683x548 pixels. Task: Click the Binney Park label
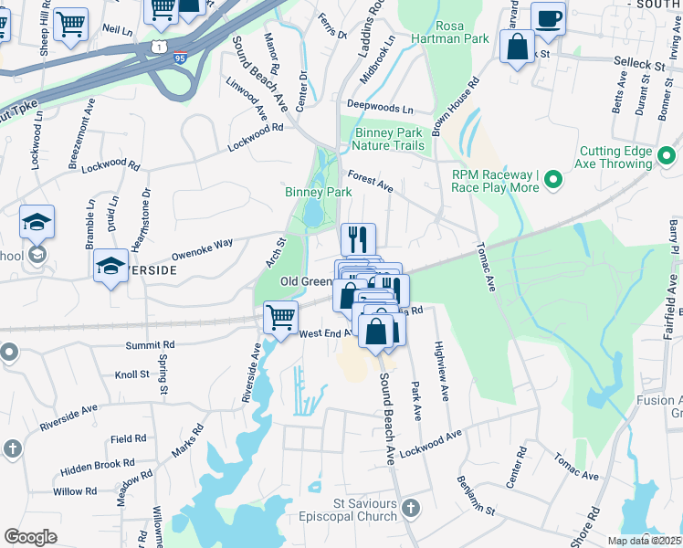318,192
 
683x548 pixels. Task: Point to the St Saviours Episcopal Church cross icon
411,508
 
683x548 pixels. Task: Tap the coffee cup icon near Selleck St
548,18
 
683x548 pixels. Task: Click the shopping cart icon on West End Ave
280,317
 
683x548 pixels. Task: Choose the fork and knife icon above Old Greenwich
358,239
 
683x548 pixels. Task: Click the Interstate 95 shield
183,57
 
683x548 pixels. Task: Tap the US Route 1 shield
162,45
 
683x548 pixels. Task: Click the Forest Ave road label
370,181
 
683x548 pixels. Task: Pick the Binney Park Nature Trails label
389,140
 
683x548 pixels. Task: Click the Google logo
30,536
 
